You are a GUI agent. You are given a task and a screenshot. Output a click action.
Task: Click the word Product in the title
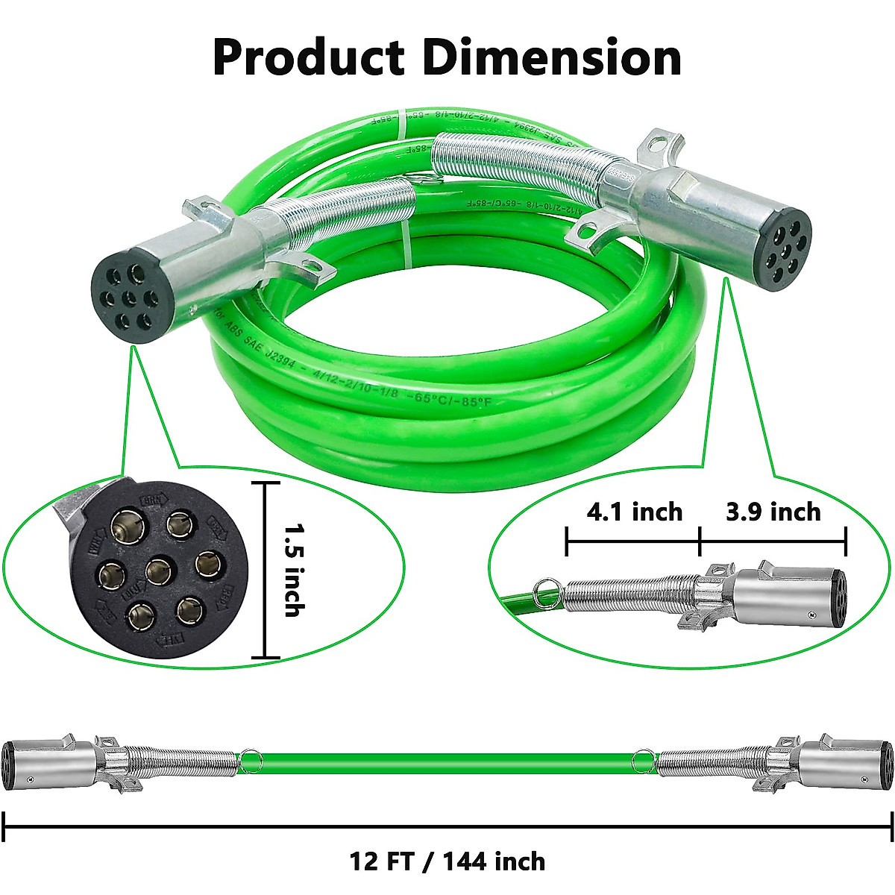307,57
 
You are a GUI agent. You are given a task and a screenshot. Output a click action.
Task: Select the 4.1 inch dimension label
634,512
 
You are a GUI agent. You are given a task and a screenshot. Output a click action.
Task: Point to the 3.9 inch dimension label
773,512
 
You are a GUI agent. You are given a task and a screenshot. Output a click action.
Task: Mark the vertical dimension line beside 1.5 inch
265,570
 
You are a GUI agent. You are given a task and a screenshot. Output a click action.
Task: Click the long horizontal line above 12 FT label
447,826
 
